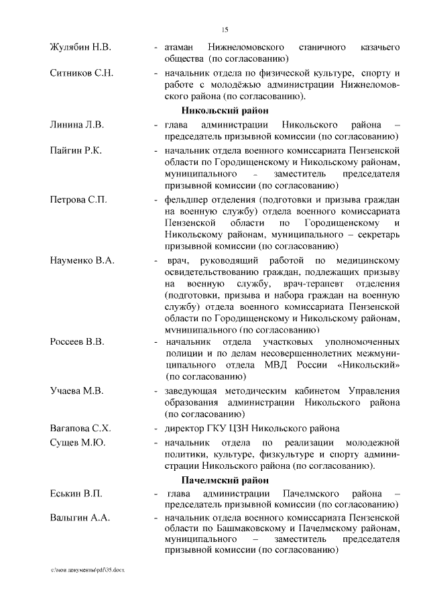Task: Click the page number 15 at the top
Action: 225,29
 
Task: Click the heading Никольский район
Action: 225,111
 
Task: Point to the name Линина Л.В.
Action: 77,125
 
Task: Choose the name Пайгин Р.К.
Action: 76,150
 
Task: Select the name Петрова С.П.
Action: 78,200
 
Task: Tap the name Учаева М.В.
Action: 76,391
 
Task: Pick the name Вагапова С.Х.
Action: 80,428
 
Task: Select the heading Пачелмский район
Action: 225,480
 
